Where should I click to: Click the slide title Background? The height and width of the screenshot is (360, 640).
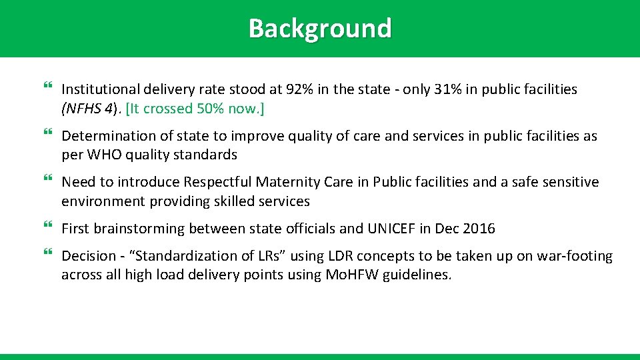click(x=320, y=29)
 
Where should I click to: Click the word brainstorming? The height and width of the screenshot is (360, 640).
click(x=139, y=229)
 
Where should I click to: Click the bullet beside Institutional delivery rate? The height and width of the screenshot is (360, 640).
click(x=47, y=87)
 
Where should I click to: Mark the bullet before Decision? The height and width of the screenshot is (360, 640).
click(x=47, y=254)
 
